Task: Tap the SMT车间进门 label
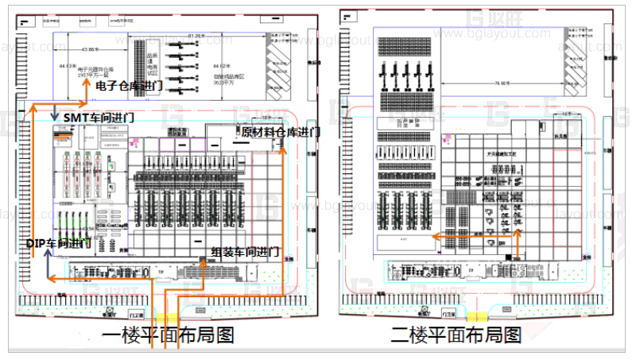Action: (x=99, y=117)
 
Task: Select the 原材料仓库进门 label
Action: (x=281, y=132)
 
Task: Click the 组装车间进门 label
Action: (x=245, y=252)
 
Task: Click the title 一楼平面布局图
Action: (x=169, y=335)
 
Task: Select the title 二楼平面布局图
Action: (x=456, y=335)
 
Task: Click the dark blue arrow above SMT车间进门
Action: (x=53, y=112)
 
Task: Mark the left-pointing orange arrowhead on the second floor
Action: (x=436, y=235)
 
